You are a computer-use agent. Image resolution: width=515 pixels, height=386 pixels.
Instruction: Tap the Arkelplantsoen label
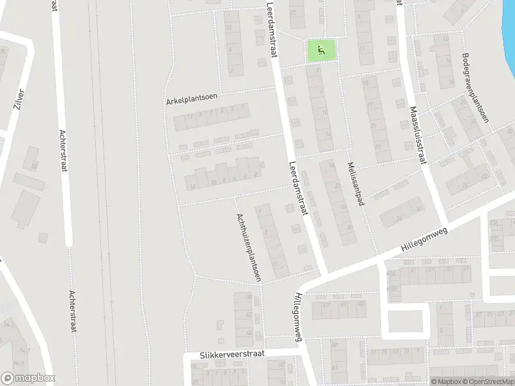tap(192, 98)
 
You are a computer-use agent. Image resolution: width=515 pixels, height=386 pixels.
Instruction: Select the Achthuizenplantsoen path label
tap(248, 248)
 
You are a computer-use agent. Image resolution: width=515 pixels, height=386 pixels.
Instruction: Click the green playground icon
tap(321, 50)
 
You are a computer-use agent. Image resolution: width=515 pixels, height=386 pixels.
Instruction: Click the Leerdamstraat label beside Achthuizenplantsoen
tap(300, 187)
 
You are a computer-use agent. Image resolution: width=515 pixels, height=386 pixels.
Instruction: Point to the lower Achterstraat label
tap(73, 309)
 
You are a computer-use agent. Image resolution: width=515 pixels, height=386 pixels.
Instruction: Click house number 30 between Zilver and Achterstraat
tap(33, 167)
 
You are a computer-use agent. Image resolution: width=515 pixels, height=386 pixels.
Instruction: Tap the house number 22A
tap(494, 223)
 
